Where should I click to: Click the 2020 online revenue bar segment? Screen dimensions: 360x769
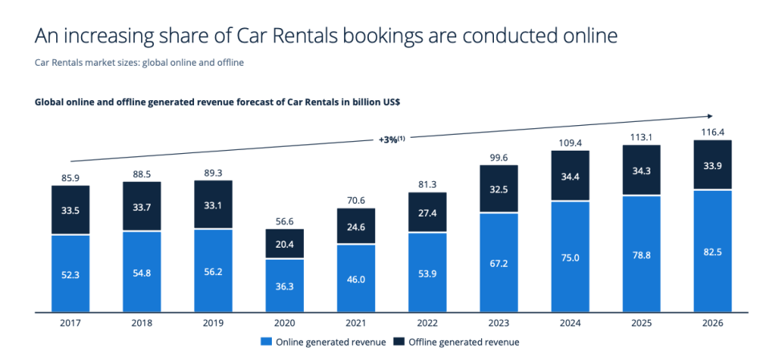tap(285, 285)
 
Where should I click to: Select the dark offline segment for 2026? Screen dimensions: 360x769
tap(712, 165)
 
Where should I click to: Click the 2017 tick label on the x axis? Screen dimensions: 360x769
tap(71, 322)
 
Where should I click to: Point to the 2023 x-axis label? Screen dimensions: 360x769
tap(498, 322)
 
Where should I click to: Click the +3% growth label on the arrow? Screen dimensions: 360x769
tap(391, 139)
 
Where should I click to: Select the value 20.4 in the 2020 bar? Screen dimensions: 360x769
tap(285, 244)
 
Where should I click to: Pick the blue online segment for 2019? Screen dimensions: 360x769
tap(213, 270)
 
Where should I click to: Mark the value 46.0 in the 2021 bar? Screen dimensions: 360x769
tap(356, 278)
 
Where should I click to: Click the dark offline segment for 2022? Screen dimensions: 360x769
tap(427, 212)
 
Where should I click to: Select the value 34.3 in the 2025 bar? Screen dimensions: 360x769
tap(641, 171)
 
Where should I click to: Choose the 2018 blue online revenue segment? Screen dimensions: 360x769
tap(142, 272)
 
